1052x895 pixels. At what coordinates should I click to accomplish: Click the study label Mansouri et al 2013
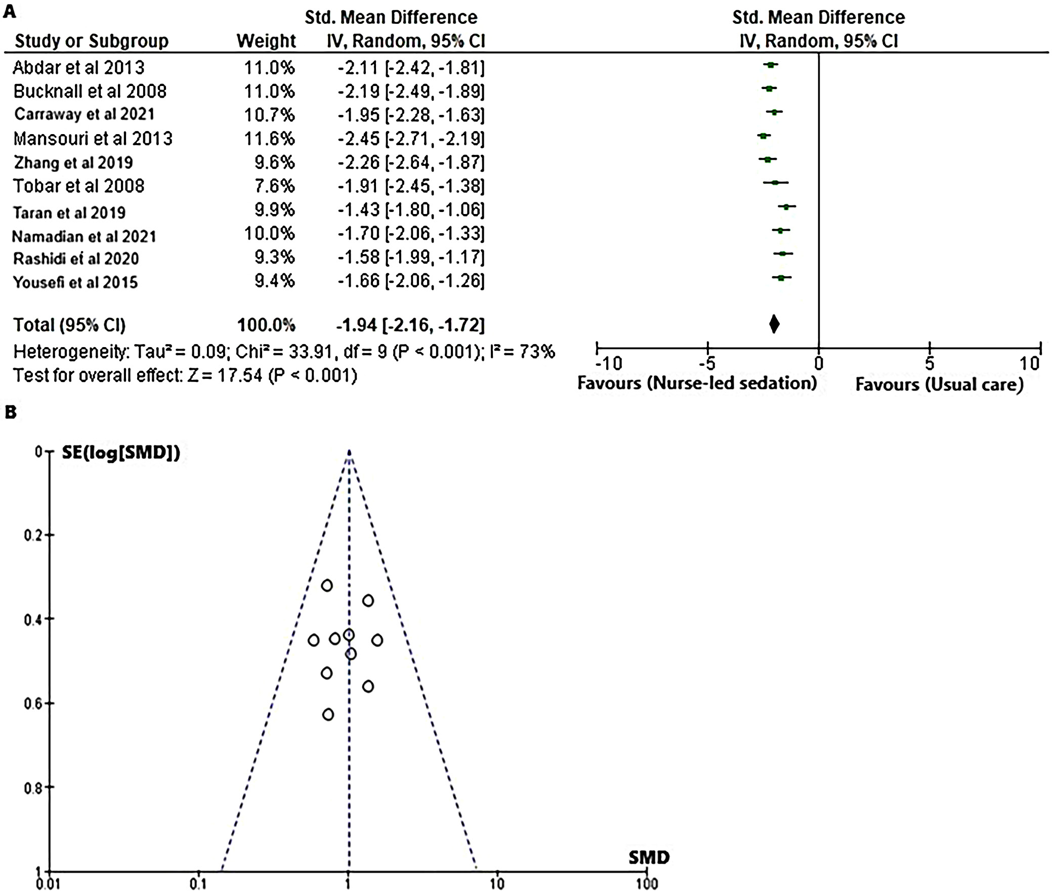(x=93, y=139)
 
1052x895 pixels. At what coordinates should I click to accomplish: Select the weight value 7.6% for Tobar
(x=274, y=186)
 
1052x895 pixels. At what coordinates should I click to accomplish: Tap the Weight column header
(x=266, y=41)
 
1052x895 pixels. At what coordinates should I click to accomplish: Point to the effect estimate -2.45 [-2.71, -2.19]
(x=411, y=139)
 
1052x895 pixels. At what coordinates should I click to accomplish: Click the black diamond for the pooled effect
(x=774, y=324)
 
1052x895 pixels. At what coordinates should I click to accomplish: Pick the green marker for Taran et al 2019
(x=786, y=206)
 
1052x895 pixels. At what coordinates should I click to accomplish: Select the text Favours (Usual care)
(x=939, y=384)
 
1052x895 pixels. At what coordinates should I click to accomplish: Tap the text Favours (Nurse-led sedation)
(x=697, y=383)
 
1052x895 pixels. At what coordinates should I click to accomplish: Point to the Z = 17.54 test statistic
(x=225, y=375)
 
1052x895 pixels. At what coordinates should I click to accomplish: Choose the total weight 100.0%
(x=266, y=325)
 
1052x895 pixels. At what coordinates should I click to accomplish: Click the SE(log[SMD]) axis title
(x=121, y=452)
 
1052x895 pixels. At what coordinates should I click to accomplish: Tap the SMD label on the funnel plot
(x=649, y=858)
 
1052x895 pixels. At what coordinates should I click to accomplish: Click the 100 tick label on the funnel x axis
(x=647, y=884)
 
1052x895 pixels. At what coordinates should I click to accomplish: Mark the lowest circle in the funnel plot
(x=328, y=714)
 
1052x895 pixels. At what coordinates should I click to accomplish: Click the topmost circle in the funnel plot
(x=327, y=585)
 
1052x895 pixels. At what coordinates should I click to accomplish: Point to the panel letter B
(x=10, y=412)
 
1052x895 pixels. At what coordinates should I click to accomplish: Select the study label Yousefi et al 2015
(x=75, y=282)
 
